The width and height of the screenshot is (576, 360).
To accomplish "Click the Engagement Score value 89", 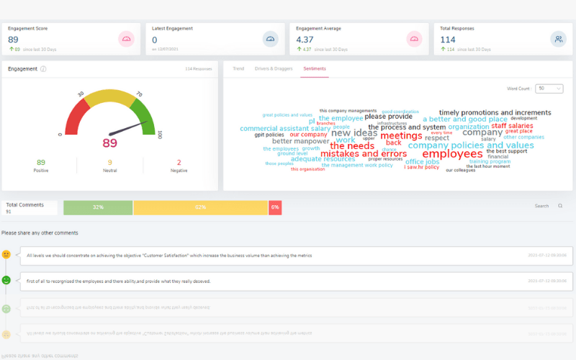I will pyautogui.click(x=13, y=40).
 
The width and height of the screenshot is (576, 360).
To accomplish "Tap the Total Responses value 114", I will pyautogui.click(x=447, y=40).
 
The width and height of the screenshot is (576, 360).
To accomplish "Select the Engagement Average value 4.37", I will pyautogui.click(x=305, y=40).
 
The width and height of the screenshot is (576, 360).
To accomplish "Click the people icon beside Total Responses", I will pyautogui.click(x=557, y=39).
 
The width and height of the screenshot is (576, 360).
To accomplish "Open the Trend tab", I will pyautogui.click(x=238, y=68).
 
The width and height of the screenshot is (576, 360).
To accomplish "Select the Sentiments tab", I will pyautogui.click(x=315, y=68).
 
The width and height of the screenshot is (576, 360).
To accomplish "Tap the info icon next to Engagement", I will pyautogui.click(x=43, y=69).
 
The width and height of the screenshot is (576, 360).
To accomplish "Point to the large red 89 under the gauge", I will pyautogui.click(x=110, y=143).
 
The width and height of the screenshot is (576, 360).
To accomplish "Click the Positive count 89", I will pyautogui.click(x=40, y=163).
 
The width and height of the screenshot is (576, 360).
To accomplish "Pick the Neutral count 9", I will pyautogui.click(x=110, y=163).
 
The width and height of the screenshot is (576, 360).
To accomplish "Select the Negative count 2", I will pyautogui.click(x=179, y=163).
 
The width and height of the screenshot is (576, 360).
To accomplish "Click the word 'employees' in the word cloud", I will pyautogui.click(x=452, y=153).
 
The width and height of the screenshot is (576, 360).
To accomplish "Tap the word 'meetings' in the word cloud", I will pyautogui.click(x=401, y=135).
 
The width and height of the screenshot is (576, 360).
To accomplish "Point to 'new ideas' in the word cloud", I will pyautogui.click(x=354, y=133).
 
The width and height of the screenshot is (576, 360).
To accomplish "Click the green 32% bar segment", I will pyautogui.click(x=98, y=207).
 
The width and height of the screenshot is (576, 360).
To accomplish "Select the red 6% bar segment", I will pyautogui.click(x=275, y=207).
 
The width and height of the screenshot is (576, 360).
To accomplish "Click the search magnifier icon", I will pyautogui.click(x=560, y=206).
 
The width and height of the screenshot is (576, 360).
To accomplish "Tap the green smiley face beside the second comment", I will pyautogui.click(x=6, y=280).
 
